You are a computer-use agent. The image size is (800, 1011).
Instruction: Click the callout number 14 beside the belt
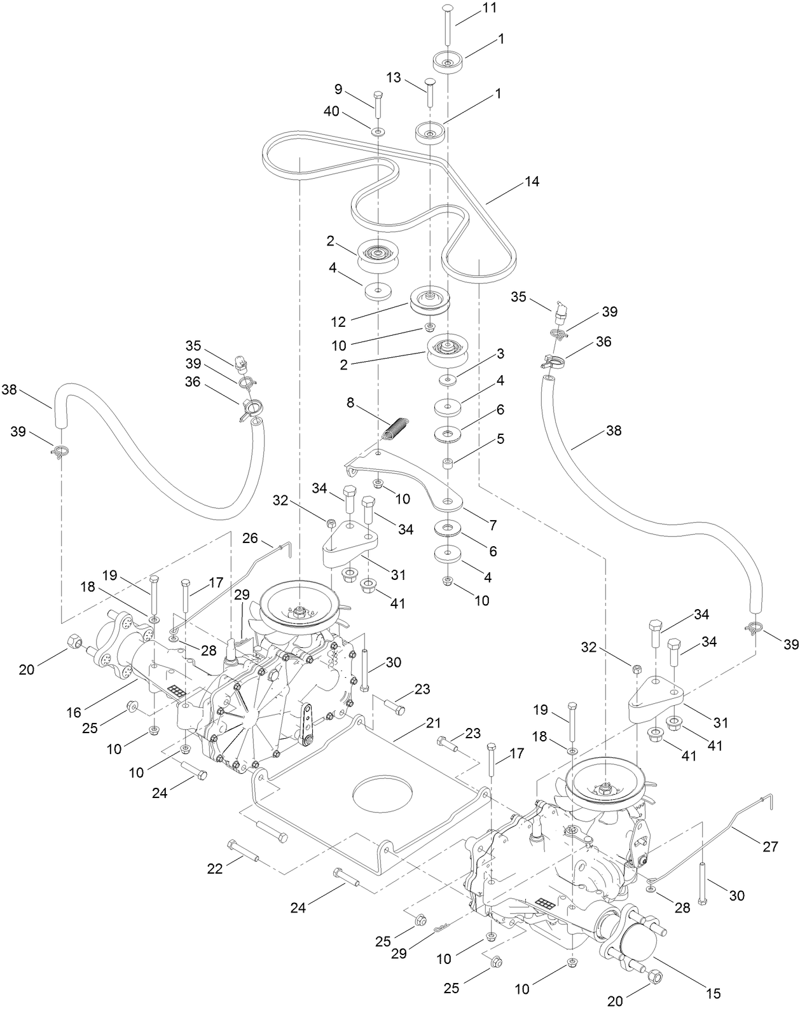532,182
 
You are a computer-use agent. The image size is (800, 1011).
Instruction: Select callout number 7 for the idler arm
492,525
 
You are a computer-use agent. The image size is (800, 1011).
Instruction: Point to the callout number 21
434,723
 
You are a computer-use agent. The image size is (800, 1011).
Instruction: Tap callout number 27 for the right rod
770,846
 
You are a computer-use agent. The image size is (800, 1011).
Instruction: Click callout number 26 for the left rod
251,539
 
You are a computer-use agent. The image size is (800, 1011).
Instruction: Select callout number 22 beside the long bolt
215,868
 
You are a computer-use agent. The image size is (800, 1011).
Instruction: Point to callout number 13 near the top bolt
394,78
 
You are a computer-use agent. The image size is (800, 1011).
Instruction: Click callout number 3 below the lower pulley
500,353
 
